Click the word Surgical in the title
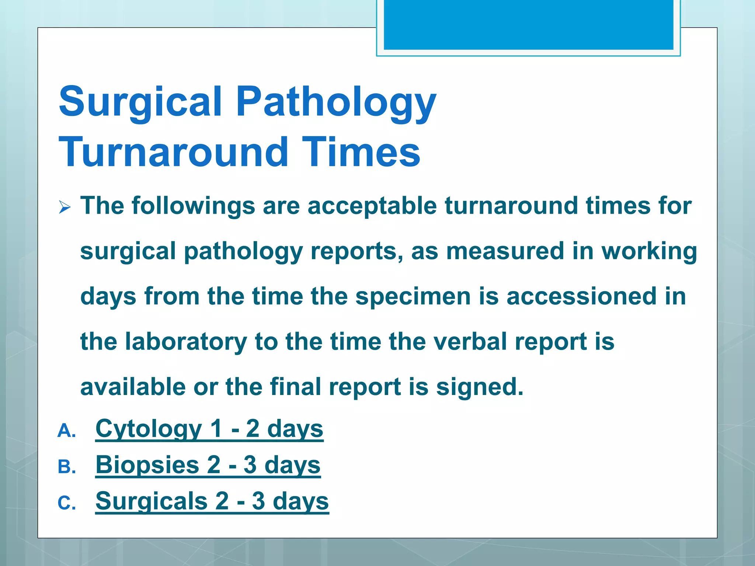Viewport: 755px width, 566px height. pyautogui.click(x=140, y=101)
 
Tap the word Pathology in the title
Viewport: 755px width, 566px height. pyautogui.click(x=336, y=101)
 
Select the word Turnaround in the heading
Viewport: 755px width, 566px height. pyautogui.click(x=173, y=152)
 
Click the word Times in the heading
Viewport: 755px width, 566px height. pyautogui.click(x=361, y=152)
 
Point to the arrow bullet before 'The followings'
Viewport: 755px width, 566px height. pyautogui.click(x=65, y=207)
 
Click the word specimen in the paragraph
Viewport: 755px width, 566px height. pyautogui.click(x=413, y=297)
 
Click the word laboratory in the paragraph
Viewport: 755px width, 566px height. pyautogui.click(x=186, y=342)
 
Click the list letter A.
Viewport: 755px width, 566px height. pyautogui.click(x=66, y=430)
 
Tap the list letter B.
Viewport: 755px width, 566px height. pyautogui.click(x=66, y=467)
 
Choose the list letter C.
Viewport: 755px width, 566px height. pyautogui.click(x=66, y=503)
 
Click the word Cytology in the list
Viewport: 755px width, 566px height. pyautogui.click(x=149, y=429)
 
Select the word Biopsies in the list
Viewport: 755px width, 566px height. pyautogui.click(x=147, y=465)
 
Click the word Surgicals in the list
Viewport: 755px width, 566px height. pyautogui.click(x=151, y=501)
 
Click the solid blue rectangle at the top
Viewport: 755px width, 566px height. pyautogui.click(x=528, y=25)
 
